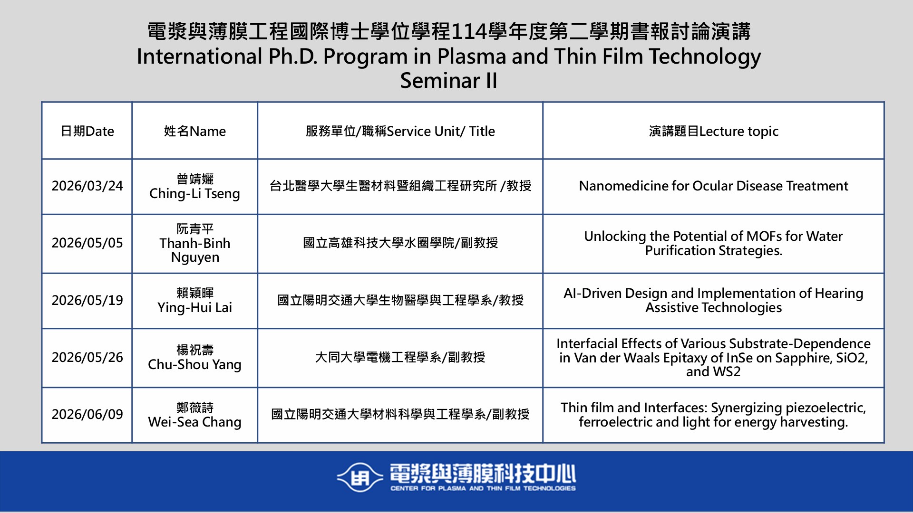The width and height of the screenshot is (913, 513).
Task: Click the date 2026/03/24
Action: pyautogui.click(x=87, y=186)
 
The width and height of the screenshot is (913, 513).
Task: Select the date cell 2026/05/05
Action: pyautogui.click(x=87, y=243)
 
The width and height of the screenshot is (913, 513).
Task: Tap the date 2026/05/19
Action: pyautogui.click(x=87, y=300)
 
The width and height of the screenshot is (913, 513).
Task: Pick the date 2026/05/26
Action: pyautogui.click(x=87, y=357)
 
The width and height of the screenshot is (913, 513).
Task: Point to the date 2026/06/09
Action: pyautogui.click(x=87, y=414)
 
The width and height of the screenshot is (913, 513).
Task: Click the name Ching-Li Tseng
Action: pyautogui.click(x=194, y=194)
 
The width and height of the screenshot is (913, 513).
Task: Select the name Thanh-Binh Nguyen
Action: pyautogui.click(x=195, y=250)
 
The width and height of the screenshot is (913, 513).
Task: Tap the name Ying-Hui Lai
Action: pyautogui.click(x=194, y=308)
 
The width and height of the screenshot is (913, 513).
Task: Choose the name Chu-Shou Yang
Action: pyautogui.click(x=194, y=365)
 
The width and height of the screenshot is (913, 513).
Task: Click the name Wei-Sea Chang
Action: pyautogui.click(x=194, y=422)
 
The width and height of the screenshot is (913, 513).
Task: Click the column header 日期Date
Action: pyautogui.click(x=87, y=131)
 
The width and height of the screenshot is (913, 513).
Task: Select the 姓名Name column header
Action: pyautogui.click(x=195, y=131)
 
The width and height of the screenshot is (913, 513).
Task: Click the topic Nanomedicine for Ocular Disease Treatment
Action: pyautogui.click(x=713, y=186)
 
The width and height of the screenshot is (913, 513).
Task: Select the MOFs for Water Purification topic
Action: pyautogui.click(x=713, y=243)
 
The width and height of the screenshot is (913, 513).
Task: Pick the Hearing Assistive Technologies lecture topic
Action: pyautogui.click(x=713, y=300)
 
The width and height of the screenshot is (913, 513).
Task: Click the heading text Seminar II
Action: pyautogui.click(x=448, y=81)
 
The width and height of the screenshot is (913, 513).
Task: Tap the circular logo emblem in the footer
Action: pyautogui.click(x=359, y=477)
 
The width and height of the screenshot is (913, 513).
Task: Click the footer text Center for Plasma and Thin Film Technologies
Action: pyautogui.click(x=483, y=488)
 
